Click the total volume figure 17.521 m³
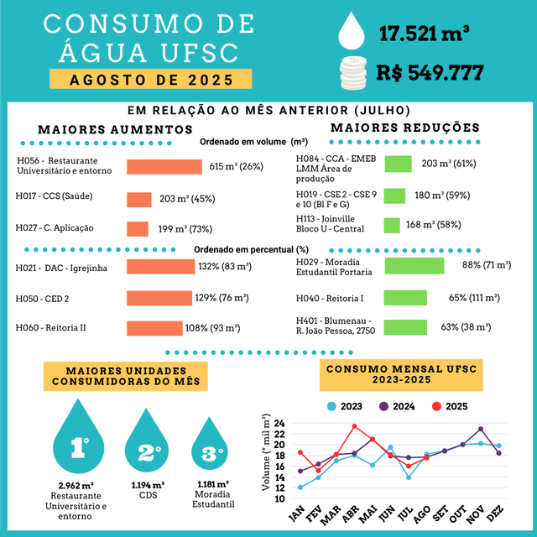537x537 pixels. (424, 34)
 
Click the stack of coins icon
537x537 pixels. (353, 70)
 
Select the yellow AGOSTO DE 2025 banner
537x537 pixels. (150, 81)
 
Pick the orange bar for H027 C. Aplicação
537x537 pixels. (137, 228)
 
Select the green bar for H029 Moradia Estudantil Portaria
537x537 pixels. (414, 265)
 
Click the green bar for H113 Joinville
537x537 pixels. (392, 225)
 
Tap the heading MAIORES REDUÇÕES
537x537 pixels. (404, 128)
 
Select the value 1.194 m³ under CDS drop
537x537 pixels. (149, 485)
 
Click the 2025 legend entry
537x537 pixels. (448, 406)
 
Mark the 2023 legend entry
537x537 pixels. (343, 406)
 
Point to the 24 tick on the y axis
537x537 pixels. (278, 425)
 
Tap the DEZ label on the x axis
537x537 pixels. (496, 514)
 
